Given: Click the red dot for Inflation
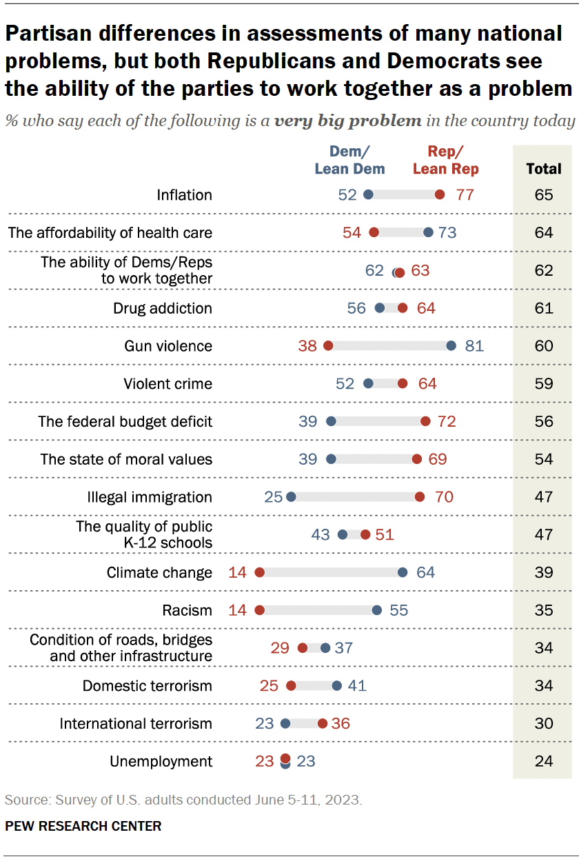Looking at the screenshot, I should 440,195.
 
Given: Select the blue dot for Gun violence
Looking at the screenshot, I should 451,346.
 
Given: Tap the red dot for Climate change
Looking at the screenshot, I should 260,573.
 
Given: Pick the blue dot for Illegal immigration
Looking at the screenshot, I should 291,497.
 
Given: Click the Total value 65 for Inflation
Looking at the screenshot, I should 544,195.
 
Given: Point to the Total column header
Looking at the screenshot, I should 544,168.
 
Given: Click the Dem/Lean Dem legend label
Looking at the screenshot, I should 349,160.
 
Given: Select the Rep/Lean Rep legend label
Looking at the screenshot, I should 446,160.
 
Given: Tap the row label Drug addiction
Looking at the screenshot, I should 163,308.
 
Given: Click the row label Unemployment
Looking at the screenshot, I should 161,762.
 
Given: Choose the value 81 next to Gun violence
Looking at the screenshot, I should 474,346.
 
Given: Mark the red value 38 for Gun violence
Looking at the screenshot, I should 307,346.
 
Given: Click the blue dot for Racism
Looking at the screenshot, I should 376,610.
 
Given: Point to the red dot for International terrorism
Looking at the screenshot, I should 323,724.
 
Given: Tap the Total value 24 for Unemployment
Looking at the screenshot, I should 544,762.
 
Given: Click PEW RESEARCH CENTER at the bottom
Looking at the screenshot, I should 83,826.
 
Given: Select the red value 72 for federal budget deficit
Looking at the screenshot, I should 447,421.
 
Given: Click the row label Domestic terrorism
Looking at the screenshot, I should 148,686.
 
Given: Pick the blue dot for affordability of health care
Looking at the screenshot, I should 428,233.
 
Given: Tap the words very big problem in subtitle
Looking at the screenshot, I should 348,121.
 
